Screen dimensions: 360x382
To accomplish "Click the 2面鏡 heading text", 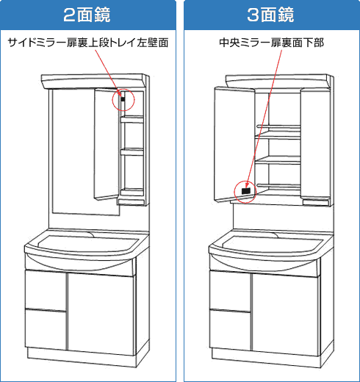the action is click(87, 15).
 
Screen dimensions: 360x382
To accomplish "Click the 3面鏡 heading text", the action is click(270, 15).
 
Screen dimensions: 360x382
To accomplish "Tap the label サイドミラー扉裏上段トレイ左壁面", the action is click(88, 43).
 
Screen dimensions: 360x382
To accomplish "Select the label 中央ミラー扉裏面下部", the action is click(271, 43).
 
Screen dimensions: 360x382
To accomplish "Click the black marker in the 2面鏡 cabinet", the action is click(123, 99).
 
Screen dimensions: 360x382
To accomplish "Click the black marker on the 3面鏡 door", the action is click(245, 191).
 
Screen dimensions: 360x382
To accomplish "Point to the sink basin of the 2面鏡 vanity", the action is click(87, 245).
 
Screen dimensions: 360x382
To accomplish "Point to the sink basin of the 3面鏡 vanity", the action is click(273, 245).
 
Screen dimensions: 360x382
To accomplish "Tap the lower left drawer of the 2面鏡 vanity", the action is click(46, 329).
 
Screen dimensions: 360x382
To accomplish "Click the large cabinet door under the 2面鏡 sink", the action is click(101, 314).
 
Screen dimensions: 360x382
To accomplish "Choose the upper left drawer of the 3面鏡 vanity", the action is click(230, 291).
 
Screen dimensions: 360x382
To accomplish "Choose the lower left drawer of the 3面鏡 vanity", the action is click(230, 330).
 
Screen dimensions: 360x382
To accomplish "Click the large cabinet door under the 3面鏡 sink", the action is click(286, 315).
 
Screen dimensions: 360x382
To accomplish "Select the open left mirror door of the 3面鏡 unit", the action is click(234, 145).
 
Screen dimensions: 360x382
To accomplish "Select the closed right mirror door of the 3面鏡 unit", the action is click(315, 144).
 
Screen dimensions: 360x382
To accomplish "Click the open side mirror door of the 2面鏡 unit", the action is click(107, 145).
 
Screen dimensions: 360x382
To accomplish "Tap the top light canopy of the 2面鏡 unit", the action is click(94, 82).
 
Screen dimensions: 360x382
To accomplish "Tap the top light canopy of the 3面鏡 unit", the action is click(278, 82).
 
